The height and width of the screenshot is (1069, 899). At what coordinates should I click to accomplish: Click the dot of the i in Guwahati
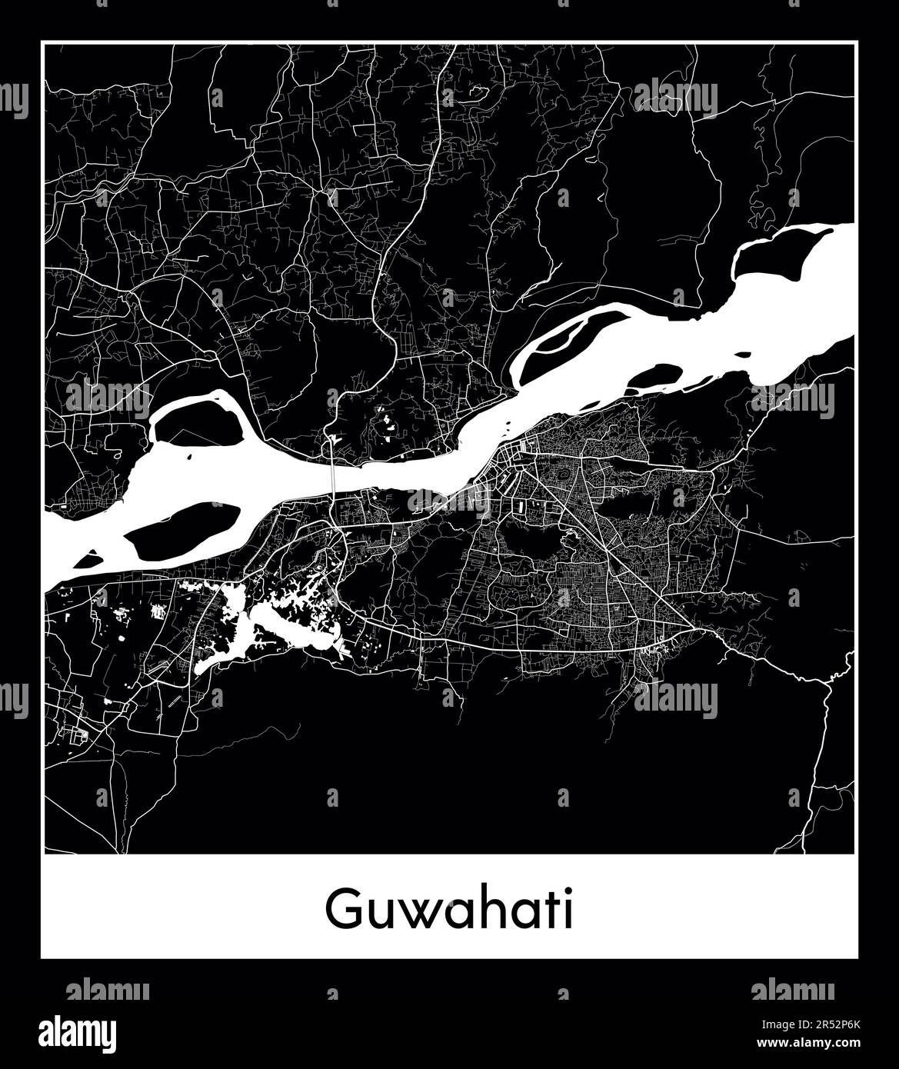pyautogui.click(x=567, y=892)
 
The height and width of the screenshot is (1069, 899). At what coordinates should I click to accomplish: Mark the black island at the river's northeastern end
pyautogui.click(x=773, y=254)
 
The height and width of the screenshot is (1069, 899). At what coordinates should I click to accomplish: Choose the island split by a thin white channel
pyautogui.click(x=573, y=346)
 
